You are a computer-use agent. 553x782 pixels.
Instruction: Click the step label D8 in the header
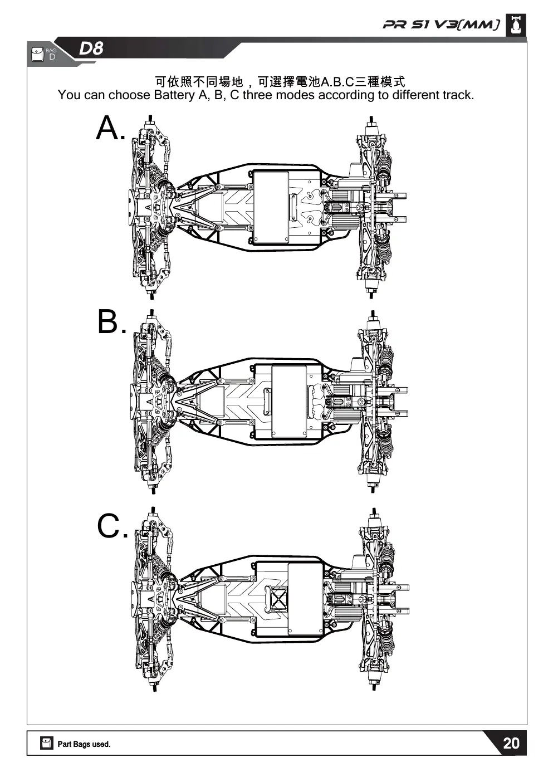point(91,48)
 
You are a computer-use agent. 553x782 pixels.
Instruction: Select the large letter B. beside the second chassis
point(112,321)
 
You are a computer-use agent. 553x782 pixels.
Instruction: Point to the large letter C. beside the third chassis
point(112,526)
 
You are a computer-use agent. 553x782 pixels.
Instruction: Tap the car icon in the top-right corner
point(516,25)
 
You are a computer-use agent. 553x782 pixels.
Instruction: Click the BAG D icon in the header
point(44,55)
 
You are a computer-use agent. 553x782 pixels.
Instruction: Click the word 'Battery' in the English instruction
point(174,95)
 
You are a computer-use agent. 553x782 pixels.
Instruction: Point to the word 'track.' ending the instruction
point(458,95)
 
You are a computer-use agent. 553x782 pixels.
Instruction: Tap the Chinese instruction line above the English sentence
point(280,82)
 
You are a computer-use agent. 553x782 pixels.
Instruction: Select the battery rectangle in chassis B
point(288,402)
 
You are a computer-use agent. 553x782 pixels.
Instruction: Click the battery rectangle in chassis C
point(305,599)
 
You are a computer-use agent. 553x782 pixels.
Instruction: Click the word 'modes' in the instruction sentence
point(295,95)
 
